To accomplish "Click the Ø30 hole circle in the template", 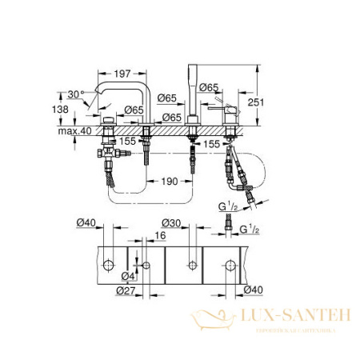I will point(191,264).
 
